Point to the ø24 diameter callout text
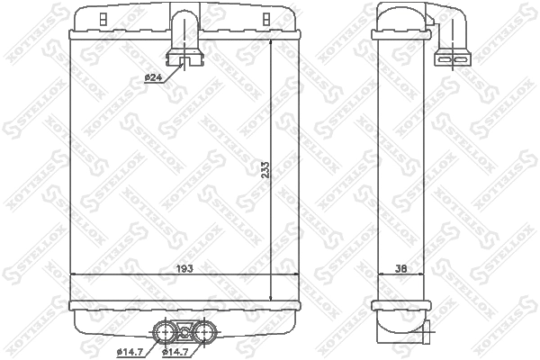pyautogui.click(x=153, y=78)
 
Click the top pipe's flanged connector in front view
pyautogui.click(x=186, y=62)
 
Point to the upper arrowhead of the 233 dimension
pyautogui.click(x=272, y=41)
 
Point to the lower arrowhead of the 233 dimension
pyautogui.click(x=272, y=297)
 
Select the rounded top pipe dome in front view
pyautogui.click(x=186, y=16)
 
